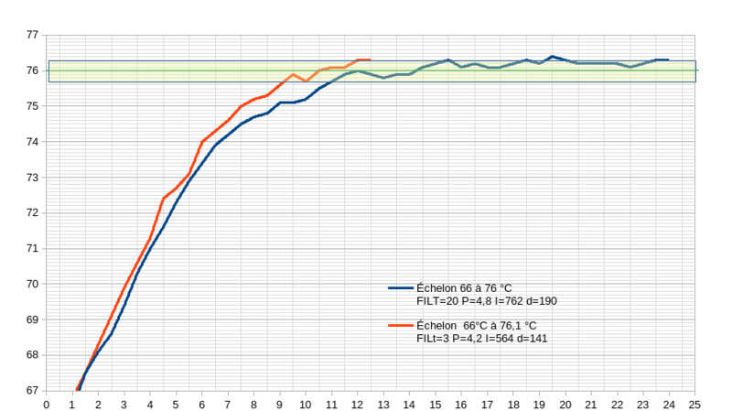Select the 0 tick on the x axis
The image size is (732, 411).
(47, 402)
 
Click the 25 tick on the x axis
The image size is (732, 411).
(695, 402)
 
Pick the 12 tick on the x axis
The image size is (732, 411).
(358, 402)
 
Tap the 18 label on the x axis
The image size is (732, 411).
(513, 402)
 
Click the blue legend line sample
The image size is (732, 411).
(401, 287)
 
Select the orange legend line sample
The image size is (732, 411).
(401, 325)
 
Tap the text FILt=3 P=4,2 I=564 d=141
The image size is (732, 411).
(482, 339)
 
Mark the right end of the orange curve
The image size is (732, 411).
(370, 59)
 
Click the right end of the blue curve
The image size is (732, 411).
(669, 59)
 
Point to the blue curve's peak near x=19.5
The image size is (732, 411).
(553, 56)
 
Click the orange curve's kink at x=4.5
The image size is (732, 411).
(164, 198)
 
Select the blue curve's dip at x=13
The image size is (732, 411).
(384, 78)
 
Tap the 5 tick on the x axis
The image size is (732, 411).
(177, 402)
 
